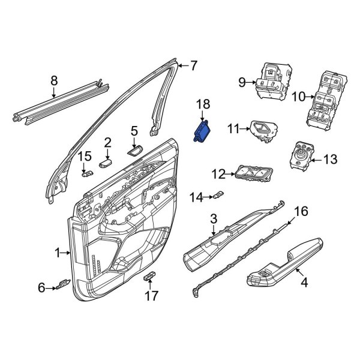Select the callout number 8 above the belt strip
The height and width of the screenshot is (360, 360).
(54, 79)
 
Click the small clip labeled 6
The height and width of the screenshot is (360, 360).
(62, 287)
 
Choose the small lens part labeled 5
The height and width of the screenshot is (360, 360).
(134, 148)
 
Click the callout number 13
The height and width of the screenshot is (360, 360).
(331, 159)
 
